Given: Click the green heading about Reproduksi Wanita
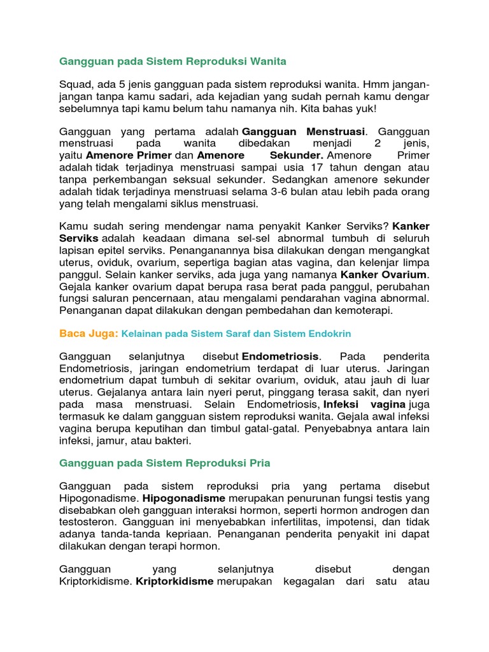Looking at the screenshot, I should pos(173,61).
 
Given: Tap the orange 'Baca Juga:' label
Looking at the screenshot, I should pos(89,333).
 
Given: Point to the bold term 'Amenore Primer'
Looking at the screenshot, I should pos(129,155).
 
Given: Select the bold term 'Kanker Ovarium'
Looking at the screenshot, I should pos(384,274).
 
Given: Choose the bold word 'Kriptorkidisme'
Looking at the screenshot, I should pos(174,581).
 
